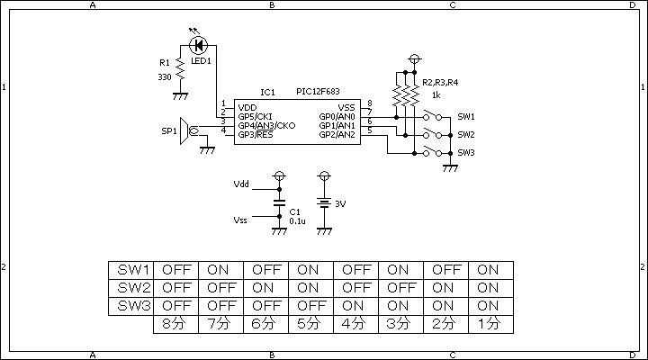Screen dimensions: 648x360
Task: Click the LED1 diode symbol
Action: (x=198, y=45)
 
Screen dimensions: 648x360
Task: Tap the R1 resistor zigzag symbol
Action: (x=180, y=69)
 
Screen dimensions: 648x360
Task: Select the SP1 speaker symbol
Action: (x=188, y=131)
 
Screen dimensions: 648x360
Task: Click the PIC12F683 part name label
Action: (x=318, y=91)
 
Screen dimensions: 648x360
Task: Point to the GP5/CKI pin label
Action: (x=255, y=117)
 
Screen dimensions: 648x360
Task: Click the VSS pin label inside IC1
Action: (x=346, y=108)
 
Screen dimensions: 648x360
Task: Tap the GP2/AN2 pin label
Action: (x=337, y=135)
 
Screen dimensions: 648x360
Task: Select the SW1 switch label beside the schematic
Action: (x=466, y=117)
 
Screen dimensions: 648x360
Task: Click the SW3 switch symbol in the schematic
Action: (x=432, y=152)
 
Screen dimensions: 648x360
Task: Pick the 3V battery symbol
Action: (x=324, y=202)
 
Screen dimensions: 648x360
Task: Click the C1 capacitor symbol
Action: (x=279, y=202)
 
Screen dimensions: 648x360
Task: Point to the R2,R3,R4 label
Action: (x=440, y=83)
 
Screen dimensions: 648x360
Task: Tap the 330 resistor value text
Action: (x=165, y=77)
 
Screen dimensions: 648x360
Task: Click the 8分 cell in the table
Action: (x=176, y=325)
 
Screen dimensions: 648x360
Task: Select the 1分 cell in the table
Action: (x=491, y=325)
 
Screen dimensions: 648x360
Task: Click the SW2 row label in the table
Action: (x=131, y=289)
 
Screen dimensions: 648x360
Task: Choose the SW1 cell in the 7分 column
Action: (x=221, y=270)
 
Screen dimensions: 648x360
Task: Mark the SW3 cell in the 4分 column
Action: (x=355, y=306)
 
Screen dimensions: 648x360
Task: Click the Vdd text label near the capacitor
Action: (x=241, y=184)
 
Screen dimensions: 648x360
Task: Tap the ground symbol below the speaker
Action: (x=207, y=150)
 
